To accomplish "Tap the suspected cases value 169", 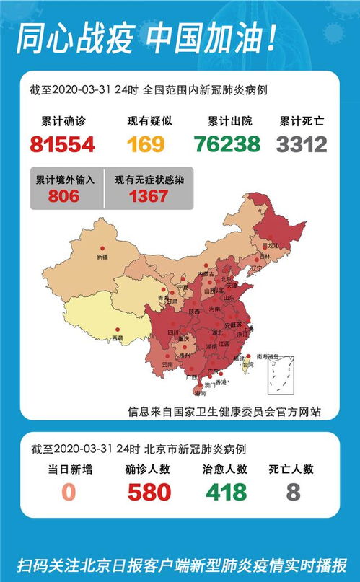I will point(146,144).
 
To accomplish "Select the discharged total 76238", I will point(227,144).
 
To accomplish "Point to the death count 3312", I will point(302,144).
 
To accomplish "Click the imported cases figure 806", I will point(65,195).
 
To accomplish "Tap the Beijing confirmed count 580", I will point(149,493).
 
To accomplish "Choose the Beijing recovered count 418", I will point(225,493).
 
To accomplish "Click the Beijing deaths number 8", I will point(292,493).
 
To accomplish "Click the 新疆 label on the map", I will point(101,257).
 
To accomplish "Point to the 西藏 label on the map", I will point(117,338).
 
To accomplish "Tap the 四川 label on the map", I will point(173,332).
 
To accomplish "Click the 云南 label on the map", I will point(167,365).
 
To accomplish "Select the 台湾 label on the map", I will point(247,366).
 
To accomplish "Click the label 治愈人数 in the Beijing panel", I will point(225,469).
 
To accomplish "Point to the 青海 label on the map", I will point(164,297).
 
